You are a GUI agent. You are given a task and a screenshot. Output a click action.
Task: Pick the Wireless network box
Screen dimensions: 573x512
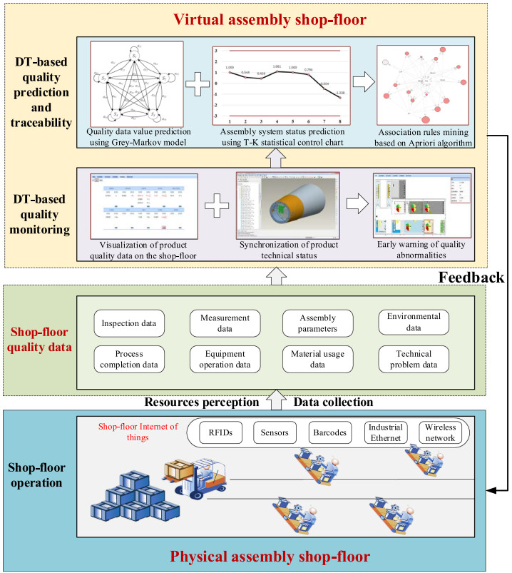(x=439, y=432)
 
